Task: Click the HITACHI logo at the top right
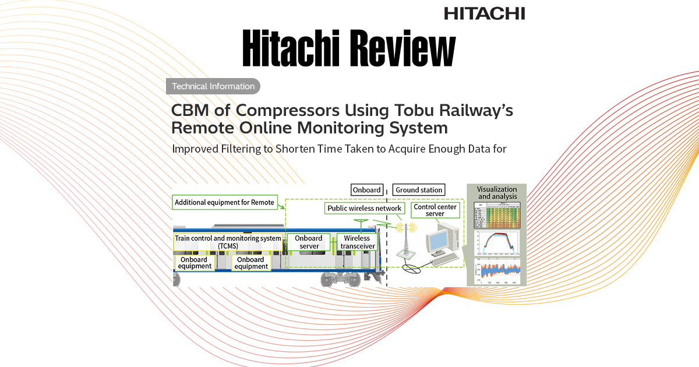click(484, 13)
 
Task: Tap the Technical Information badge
click(213, 86)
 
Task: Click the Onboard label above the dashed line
click(367, 190)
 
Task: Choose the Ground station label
click(419, 190)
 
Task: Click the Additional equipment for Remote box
click(224, 203)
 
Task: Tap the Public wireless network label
click(365, 208)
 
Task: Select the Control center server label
click(435, 210)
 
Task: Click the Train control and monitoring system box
click(228, 242)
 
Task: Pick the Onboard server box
click(309, 242)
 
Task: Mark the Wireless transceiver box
click(357, 242)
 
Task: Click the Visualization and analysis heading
click(497, 193)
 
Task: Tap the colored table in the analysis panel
click(497, 215)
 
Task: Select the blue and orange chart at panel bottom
click(497, 271)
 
